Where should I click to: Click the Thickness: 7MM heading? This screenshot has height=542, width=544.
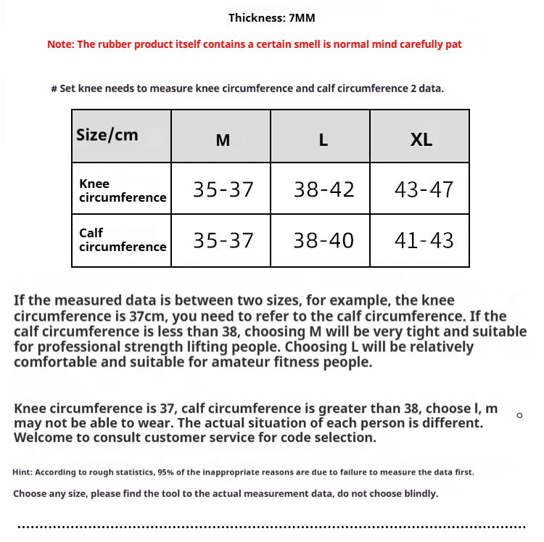(271, 18)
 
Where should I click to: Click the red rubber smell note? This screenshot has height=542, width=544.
(254, 44)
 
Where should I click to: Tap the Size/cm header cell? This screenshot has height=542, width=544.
(107, 135)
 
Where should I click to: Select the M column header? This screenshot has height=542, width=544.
(223, 140)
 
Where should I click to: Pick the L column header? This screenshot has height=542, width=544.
(323, 140)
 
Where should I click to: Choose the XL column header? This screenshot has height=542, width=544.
(421, 140)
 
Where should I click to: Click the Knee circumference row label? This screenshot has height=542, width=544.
(122, 190)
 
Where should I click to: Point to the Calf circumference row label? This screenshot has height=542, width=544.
(122, 239)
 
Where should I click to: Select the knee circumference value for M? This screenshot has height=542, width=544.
(223, 189)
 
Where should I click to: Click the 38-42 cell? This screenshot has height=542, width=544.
(323, 189)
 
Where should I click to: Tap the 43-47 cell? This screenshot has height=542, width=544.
(424, 189)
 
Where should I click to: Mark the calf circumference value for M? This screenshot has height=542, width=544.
(223, 240)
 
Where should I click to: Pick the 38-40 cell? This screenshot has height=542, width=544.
(323, 240)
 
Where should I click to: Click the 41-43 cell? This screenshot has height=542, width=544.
(424, 240)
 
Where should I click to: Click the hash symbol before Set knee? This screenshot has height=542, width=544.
(54, 89)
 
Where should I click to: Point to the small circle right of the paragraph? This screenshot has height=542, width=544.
(519, 415)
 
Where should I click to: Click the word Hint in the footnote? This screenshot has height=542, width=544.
(22, 472)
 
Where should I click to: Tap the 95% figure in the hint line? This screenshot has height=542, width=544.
(165, 472)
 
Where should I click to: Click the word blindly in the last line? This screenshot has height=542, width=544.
(417, 494)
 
